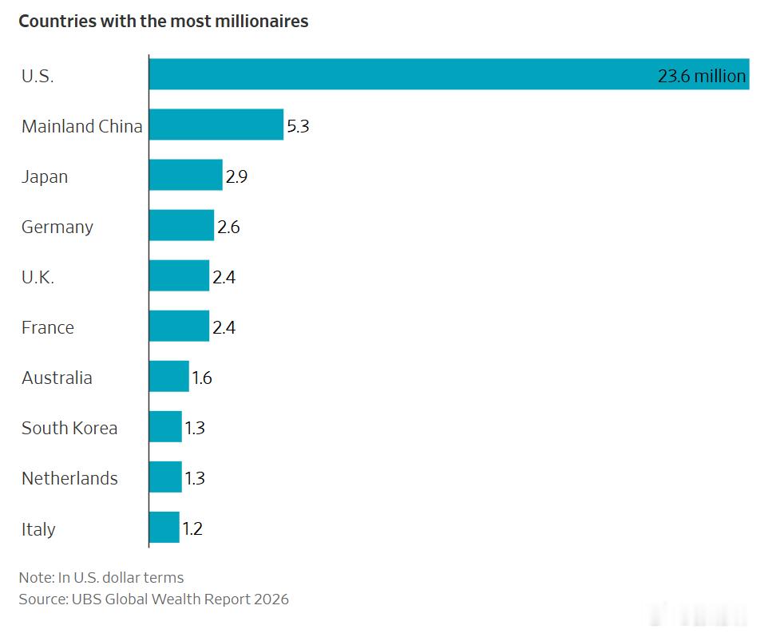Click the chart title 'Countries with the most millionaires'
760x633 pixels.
(164, 22)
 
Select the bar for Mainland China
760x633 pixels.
(216, 125)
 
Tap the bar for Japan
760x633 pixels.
(186, 175)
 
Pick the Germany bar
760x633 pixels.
(181, 225)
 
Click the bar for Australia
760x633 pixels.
(168, 376)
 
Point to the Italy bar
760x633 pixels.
(164, 528)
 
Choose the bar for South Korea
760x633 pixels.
(165, 426)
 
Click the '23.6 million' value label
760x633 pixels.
(702, 76)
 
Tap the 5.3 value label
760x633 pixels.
(298, 126)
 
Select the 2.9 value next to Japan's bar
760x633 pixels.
(236, 176)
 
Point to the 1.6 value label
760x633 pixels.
(202, 378)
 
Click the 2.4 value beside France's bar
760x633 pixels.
(224, 327)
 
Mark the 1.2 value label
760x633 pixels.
(192, 528)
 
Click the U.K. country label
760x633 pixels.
(38, 277)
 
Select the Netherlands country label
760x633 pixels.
(69, 478)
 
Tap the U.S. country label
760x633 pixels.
(38, 76)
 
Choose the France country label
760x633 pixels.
(48, 327)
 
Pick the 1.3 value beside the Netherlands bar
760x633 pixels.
(195, 478)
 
